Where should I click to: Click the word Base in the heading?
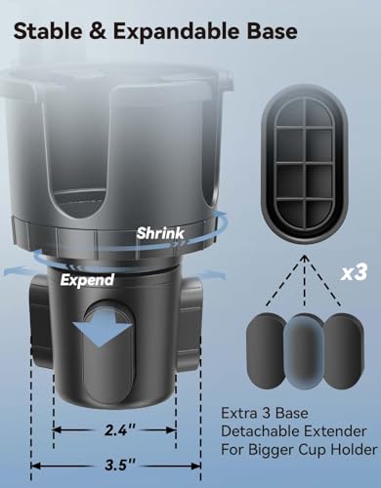click(272, 31)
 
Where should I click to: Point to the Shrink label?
click(160, 233)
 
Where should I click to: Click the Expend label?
click(87, 280)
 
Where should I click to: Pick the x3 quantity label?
click(354, 272)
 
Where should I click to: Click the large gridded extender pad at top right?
click(305, 164)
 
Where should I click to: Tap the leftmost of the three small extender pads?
click(266, 350)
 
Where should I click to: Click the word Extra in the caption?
click(235, 413)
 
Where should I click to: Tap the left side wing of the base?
click(41, 319)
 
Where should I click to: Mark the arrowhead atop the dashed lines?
click(305, 259)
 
